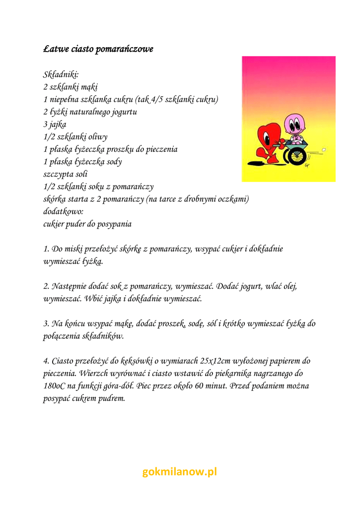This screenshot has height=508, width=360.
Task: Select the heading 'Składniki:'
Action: (x=61, y=74)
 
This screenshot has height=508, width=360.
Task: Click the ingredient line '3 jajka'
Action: (x=55, y=124)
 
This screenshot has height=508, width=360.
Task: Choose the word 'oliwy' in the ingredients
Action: (x=97, y=136)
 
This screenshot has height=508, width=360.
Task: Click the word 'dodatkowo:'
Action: (x=64, y=211)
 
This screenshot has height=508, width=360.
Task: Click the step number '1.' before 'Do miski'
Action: (x=47, y=249)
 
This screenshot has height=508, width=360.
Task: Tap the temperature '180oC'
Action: (x=56, y=386)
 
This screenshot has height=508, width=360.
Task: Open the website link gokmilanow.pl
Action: (x=180, y=472)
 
